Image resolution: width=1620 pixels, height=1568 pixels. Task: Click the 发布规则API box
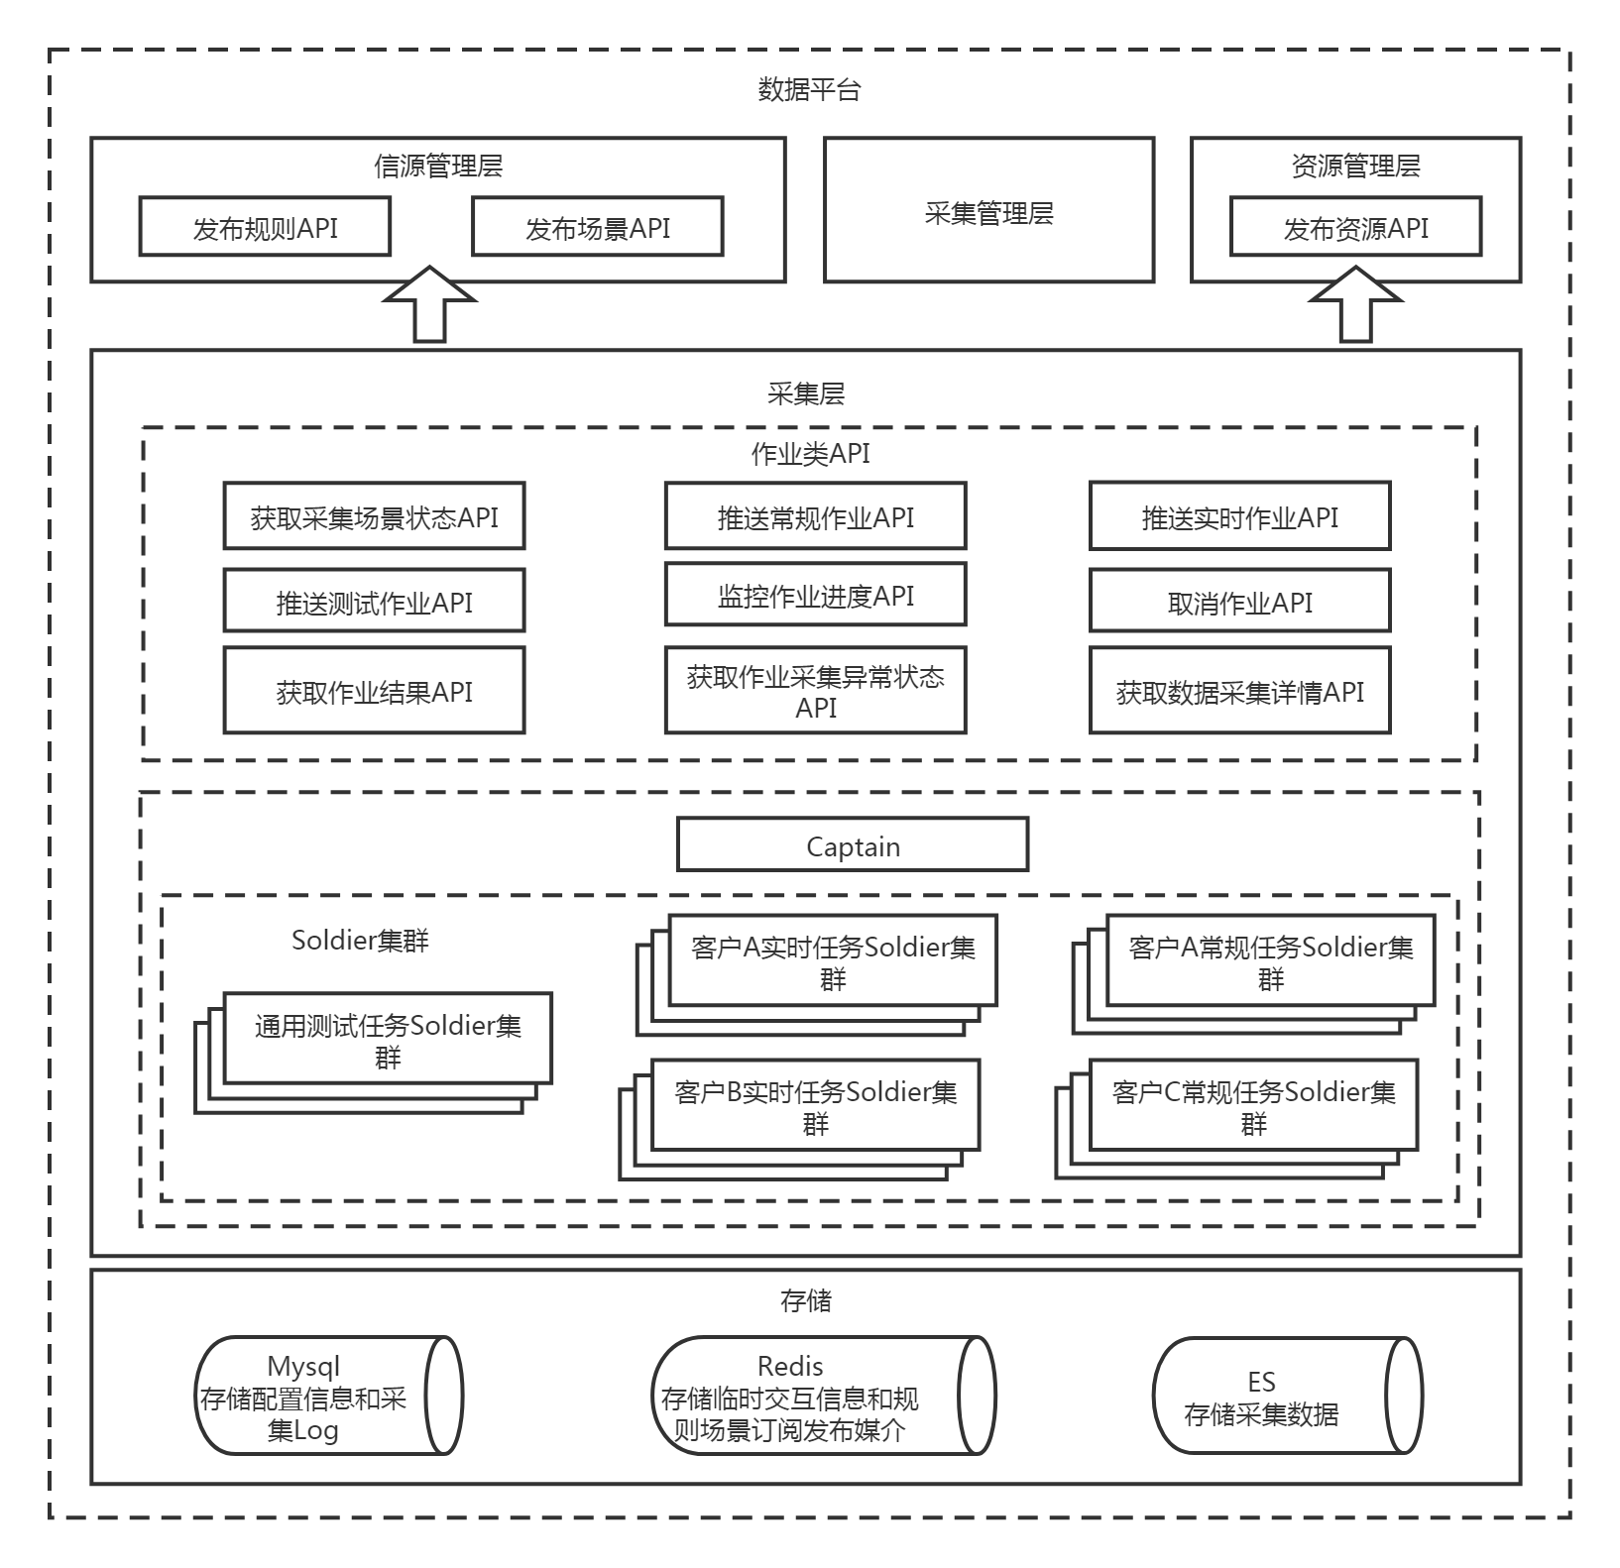(265, 227)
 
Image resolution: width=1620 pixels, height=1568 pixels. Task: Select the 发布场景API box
(597, 227)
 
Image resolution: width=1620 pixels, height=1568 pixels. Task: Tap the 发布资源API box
(1355, 227)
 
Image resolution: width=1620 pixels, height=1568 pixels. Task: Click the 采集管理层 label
(988, 213)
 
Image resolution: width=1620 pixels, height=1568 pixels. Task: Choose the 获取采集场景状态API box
(374, 516)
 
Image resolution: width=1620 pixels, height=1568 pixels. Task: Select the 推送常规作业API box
(815, 516)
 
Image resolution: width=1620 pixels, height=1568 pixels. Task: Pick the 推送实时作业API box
(1239, 516)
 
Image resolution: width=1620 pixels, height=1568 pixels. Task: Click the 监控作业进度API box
(815, 596)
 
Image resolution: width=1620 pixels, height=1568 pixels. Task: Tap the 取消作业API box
(1239, 602)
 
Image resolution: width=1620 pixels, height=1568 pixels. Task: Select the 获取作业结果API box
(374, 691)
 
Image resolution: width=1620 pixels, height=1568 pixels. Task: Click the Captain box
(853, 845)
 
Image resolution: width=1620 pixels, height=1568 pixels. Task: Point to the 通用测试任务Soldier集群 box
(388, 1040)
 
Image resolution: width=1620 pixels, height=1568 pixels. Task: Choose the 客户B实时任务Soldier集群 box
(815, 1106)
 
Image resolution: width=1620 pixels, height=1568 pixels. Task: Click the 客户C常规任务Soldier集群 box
(1253, 1106)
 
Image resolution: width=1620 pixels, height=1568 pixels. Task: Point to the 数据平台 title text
(809, 90)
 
